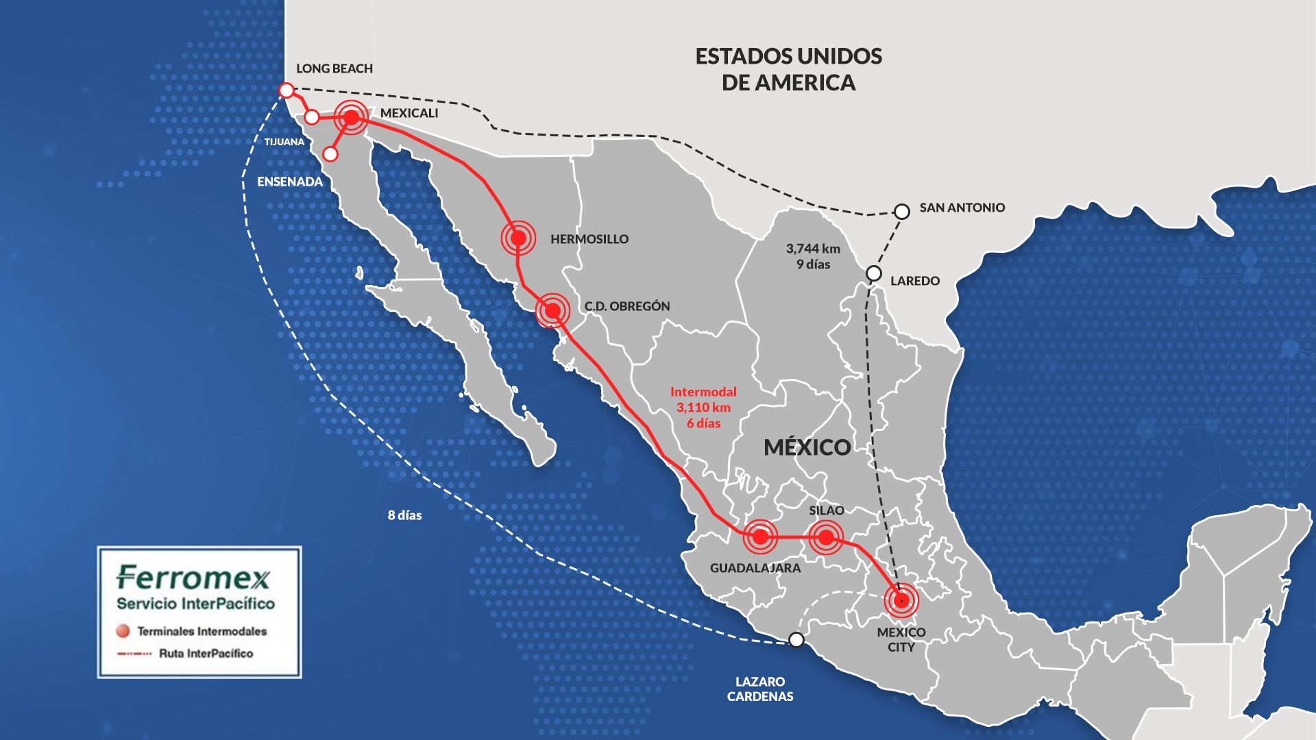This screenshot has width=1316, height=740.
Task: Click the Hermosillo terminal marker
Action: tap(518, 238)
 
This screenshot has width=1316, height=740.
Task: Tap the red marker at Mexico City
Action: tap(901, 600)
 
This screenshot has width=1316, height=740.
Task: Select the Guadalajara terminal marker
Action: tap(760, 536)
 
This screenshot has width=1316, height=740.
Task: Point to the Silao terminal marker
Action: tap(826, 537)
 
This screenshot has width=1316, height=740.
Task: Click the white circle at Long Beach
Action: tap(287, 90)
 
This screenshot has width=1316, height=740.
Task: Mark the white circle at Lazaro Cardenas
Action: tap(796, 639)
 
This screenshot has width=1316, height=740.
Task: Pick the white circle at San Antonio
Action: tap(902, 212)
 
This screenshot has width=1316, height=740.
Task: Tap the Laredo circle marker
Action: tap(874, 273)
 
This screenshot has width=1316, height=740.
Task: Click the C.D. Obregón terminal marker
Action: tap(552, 311)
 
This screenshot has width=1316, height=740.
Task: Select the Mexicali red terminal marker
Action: tap(351, 118)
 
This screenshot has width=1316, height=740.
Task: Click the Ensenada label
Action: tap(289, 182)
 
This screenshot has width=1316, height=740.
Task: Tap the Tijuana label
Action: tap(284, 142)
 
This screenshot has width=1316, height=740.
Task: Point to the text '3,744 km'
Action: tap(813, 249)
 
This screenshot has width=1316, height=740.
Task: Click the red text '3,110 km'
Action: tap(703, 408)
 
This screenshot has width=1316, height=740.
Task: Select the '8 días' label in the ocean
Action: tap(404, 515)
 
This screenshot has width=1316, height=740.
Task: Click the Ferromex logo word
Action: tap(194, 578)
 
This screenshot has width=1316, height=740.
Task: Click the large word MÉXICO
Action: tap(807, 447)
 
